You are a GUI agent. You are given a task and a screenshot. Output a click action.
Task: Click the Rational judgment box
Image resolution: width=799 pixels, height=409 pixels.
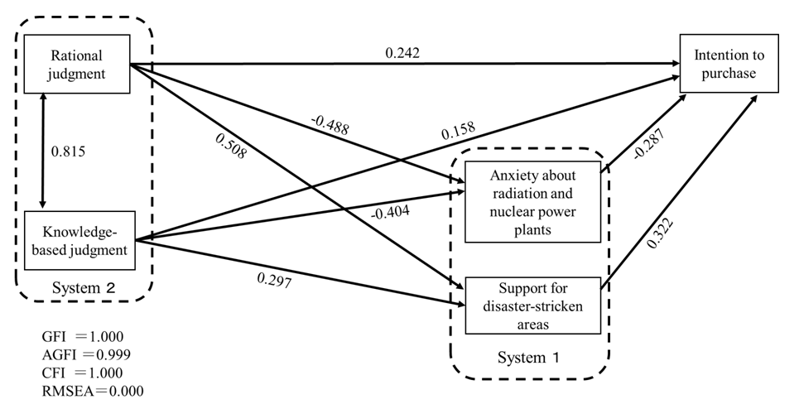pyautogui.click(x=77, y=65)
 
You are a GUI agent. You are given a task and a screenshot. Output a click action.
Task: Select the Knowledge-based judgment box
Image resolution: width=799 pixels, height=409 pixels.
pyautogui.click(x=80, y=240)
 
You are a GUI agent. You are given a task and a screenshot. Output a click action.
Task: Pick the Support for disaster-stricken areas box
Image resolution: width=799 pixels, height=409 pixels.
pyautogui.click(x=532, y=306)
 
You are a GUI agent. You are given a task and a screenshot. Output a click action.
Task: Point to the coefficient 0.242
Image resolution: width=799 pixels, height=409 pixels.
pyautogui.click(x=402, y=53)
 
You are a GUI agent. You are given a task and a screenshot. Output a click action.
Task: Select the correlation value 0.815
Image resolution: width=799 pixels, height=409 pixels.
pyautogui.click(x=69, y=152)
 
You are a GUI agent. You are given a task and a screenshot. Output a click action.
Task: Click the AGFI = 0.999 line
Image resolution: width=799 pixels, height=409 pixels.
pyautogui.click(x=84, y=354)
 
